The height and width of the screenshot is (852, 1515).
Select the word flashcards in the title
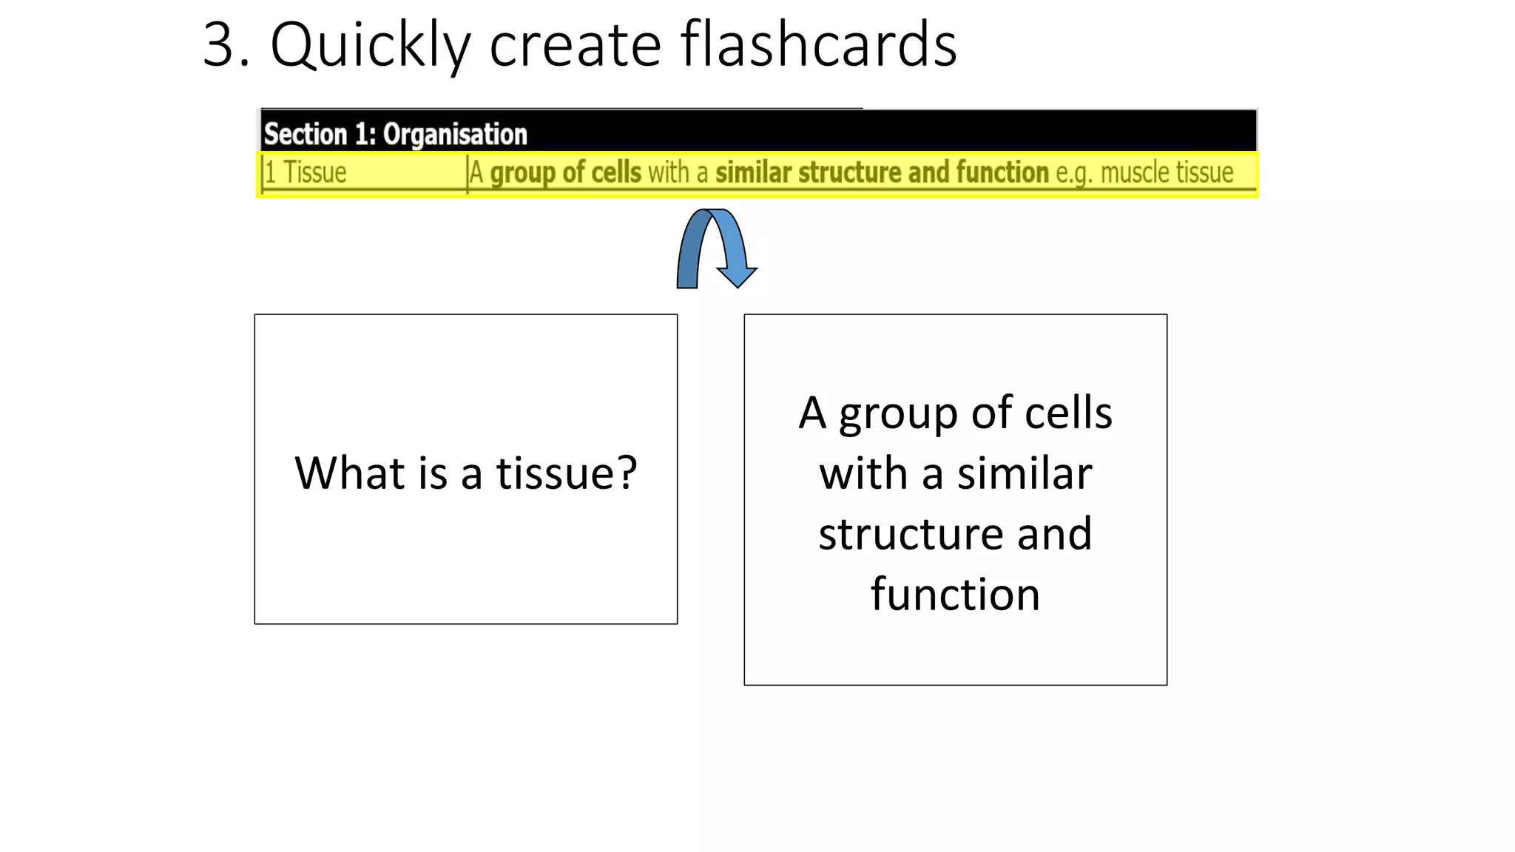pos(818,44)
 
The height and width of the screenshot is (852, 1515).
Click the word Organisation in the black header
pos(455,135)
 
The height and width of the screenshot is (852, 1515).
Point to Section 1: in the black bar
pos(320,135)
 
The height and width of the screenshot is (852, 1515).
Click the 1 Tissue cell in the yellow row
pos(306,173)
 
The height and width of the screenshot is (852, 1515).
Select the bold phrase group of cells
pos(566,173)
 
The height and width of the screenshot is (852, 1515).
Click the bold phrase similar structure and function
pos(882,173)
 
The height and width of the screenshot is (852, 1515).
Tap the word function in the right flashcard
pos(955,594)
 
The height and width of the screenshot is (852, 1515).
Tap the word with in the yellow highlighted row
pos(668,173)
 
